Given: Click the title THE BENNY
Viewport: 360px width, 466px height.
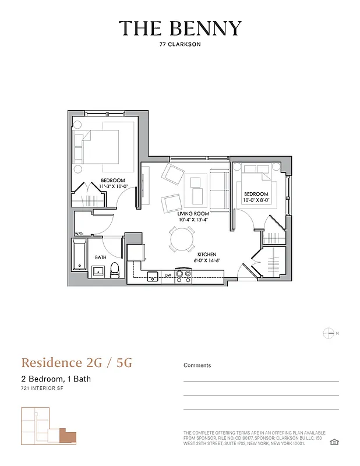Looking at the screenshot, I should [x=180, y=28].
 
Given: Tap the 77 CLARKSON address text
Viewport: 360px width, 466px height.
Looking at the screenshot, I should [x=180, y=44].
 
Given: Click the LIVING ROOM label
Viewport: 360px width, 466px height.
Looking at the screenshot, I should [x=193, y=214].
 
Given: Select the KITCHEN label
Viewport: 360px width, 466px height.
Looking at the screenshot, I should [x=207, y=255].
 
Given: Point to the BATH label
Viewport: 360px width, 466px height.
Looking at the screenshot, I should [x=101, y=257].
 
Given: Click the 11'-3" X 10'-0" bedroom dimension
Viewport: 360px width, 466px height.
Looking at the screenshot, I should [x=114, y=186].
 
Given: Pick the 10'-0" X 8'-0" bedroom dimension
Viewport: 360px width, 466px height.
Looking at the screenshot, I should [x=256, y=200].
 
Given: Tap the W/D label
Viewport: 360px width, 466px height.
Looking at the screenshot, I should [x=79, y=234].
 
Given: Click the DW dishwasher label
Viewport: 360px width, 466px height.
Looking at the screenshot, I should [x=167, y=275].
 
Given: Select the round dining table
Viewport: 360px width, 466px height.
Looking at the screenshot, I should [x=182, y=239].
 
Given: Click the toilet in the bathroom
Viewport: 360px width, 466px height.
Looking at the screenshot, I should [x=115, y=270].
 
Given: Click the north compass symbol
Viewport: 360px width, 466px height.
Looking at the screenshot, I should [x=329, y=333].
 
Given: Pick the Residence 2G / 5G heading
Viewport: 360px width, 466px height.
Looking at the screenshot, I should [x=77, y=363].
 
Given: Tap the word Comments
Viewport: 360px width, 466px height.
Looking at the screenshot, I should [x=197, y=365].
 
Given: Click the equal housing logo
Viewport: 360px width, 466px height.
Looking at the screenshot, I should [x=334, y=442].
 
